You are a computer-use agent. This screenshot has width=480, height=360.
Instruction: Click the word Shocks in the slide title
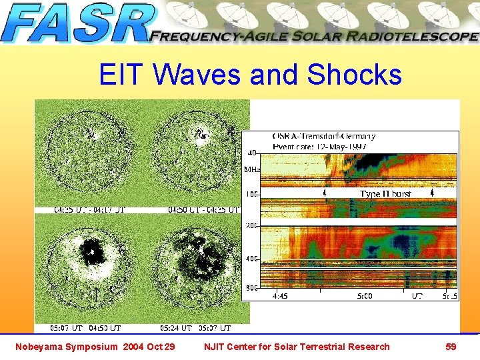click(355, 75)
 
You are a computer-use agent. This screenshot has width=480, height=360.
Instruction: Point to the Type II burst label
click(386, 194)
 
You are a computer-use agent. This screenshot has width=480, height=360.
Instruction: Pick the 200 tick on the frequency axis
click(252, 227)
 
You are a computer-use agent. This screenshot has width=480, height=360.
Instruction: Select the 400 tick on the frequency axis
click(252, 258)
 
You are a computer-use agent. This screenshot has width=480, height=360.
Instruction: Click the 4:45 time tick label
click(279, 295)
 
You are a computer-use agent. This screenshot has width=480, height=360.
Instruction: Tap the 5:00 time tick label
click(365, 295)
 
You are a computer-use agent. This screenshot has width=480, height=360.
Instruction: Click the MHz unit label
click(251, 170)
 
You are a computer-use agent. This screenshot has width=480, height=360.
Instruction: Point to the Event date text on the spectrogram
click(319, 146)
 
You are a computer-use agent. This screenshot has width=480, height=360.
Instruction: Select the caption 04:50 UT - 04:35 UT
click(202, 209)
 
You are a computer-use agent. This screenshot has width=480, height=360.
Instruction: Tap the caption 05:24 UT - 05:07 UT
click(195, 328)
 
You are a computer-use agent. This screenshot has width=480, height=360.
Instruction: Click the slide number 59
click(451, 346)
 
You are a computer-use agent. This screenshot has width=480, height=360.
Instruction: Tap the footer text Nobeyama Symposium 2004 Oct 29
click(95, 347)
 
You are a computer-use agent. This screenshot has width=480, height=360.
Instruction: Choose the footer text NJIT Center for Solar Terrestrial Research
click(297, 347)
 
